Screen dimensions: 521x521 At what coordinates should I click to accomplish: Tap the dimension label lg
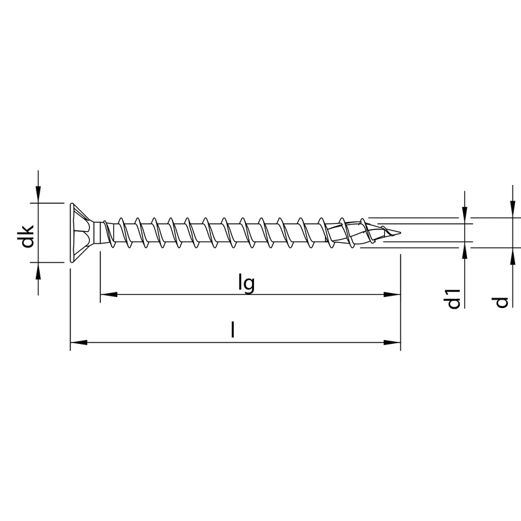(245, 284)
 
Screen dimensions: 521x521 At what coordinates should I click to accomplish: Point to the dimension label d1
(455, 298)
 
